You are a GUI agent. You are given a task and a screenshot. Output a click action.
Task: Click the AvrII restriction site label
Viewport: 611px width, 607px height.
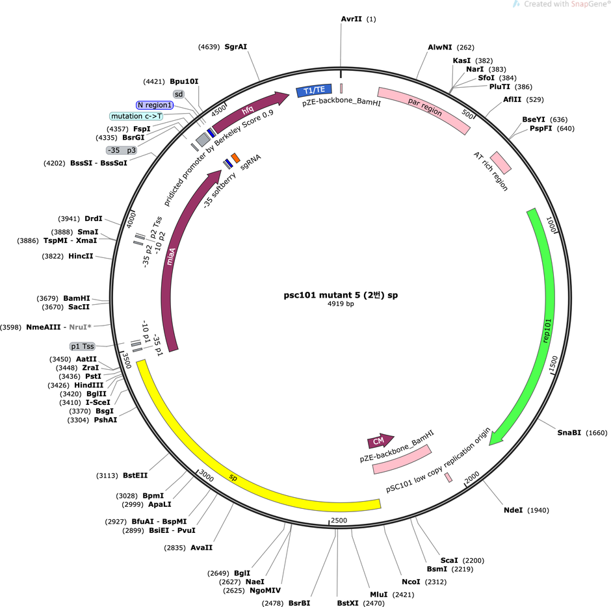[x=351, y=19]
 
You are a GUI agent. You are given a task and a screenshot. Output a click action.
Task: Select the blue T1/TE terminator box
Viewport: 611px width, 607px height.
[x=314, y=90]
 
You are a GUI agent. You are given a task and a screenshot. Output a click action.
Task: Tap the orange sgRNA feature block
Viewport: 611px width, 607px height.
[x=235, y=158]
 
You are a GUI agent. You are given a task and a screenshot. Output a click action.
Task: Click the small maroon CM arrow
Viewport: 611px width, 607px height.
[x=380, y=441]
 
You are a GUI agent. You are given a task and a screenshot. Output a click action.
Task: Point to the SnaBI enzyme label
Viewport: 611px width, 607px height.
[x=569, y=432]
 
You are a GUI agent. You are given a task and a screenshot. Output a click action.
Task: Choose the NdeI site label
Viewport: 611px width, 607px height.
[x=513, y=510]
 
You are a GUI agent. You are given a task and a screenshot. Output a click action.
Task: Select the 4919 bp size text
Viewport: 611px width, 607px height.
[x=341, y=304]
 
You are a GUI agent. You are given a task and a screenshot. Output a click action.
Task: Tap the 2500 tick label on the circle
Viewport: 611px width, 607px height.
[x=339, y=521]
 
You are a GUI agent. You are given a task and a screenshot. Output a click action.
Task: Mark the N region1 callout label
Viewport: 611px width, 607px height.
[x=155, y=105]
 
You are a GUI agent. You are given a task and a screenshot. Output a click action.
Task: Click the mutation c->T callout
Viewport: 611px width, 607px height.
[x=136, y=116]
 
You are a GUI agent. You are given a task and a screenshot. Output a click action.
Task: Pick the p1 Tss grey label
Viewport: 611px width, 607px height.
[x=82, y=346]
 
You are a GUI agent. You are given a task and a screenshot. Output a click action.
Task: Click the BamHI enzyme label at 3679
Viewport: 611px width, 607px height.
[x=77, y=298]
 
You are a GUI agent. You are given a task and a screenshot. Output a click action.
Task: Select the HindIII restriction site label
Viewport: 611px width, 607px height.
[x=89, y=385]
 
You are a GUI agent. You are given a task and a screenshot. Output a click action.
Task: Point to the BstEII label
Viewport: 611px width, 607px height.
[x=135, y=475]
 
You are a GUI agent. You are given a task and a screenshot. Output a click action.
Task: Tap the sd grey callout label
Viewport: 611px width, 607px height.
[x=179, y=94]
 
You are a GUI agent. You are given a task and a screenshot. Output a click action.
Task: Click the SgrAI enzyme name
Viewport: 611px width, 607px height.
[x=236, y=47]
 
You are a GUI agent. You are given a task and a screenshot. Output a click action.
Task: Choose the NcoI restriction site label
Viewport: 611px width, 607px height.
[x=411, y=582]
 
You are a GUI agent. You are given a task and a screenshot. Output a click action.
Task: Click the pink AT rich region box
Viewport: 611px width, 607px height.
[x=500, y=163]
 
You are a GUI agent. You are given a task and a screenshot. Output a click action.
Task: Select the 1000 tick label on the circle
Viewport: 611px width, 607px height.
[x=551, y=225]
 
